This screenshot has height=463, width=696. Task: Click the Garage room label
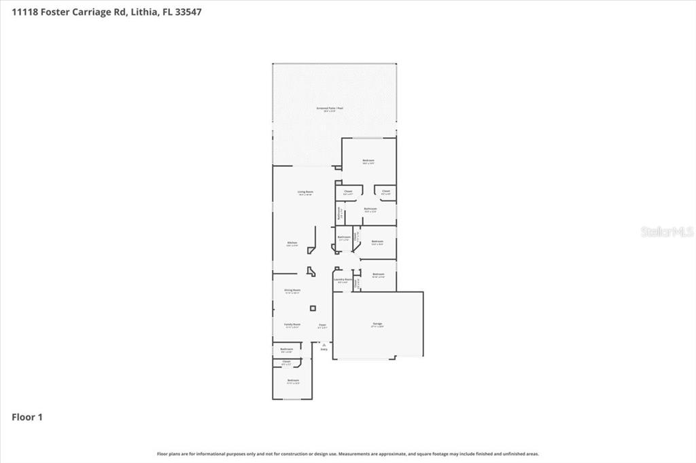377,325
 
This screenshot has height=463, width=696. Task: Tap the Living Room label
305,192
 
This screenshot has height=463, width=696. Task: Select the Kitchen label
292,242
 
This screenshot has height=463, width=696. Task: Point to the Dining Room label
292,291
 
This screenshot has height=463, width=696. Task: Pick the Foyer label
323,325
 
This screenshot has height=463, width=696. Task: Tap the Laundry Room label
343,279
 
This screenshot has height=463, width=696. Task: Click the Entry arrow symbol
324,345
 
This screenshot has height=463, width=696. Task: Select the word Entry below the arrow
324,350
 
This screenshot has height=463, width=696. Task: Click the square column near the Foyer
313,308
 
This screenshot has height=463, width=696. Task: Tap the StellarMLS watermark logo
667,231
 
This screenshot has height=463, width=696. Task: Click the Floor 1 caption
27,417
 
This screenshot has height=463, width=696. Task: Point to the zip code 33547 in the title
187,12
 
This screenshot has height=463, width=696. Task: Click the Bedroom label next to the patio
368,160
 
